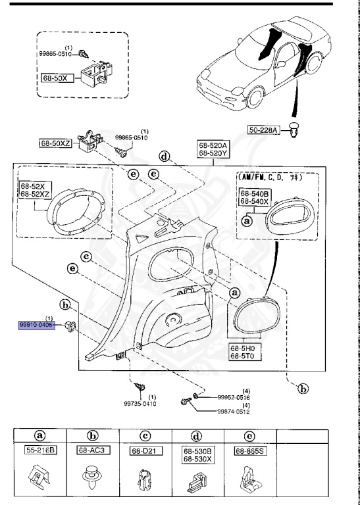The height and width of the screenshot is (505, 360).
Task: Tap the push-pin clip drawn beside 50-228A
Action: pyautogui.click(x=294, y=133)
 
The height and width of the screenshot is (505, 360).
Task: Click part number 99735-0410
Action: pyautogui.click(x=141, y=404)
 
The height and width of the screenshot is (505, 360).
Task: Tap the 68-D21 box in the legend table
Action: pyautogui.click(x=145, y=452)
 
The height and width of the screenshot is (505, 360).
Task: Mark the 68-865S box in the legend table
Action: pyautogui.click(x=251, y=452)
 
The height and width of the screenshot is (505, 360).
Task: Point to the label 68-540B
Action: pyautogui.click(x=254, y=194)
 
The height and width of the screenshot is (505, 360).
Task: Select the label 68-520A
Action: pyautogui.click(x=213, y=146)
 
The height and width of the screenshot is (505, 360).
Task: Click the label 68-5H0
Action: pyautogui.click(x=244, y=348)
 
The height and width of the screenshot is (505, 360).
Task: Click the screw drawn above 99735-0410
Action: pyautogui.click(x=140, y=387)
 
